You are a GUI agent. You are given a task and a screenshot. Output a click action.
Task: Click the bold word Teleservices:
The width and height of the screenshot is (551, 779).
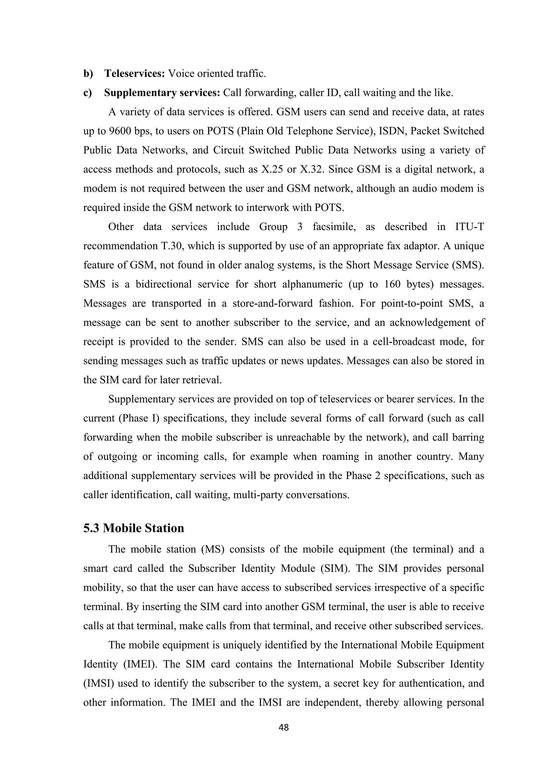pos(134,73)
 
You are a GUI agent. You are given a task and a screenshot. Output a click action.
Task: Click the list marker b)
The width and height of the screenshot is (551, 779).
pos(88,73)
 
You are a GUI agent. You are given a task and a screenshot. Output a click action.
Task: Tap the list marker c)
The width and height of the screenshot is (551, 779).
pos(88,93)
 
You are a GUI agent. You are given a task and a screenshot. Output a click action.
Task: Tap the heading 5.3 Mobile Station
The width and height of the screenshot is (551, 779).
pos(134,528)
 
